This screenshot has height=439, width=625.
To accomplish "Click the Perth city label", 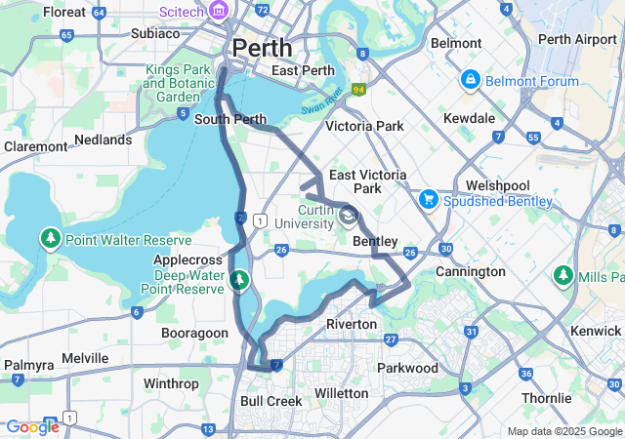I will (x=263, y=47).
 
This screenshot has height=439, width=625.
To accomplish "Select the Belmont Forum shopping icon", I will (x=471, y=78).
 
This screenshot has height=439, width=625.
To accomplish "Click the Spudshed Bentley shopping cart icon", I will (x=427, y=199).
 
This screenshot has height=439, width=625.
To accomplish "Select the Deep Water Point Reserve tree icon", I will (x=239, y=282).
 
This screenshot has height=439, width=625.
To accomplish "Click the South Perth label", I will (x=230, y=120).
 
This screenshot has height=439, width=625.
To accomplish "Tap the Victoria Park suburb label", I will (x=363, y=127).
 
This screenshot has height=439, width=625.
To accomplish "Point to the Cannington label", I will (x=470, y=271).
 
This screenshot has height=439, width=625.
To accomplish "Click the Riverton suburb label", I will (x=352, y=324).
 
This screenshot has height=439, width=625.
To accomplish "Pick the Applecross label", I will (x=189, y=260).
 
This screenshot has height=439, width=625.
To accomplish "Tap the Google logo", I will (x=32, y=426).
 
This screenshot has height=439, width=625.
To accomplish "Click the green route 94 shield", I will (x=358, y=90).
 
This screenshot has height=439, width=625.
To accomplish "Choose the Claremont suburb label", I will (x=36, y=146).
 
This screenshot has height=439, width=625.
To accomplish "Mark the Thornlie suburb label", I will (x=546, y=398).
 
